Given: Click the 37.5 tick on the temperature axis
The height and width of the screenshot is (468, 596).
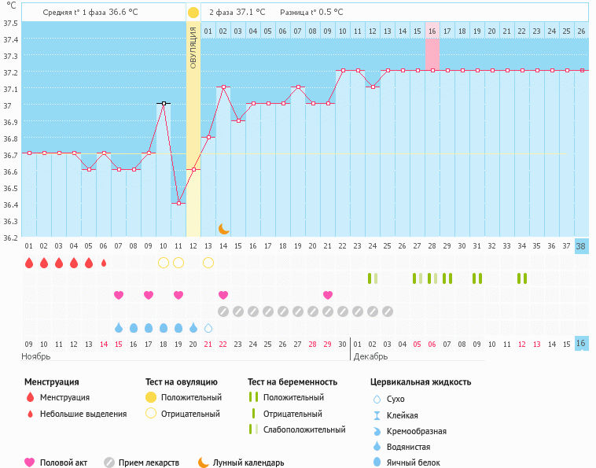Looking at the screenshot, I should click(x=10, y=22).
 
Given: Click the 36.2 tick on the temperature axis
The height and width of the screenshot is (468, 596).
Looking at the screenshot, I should click(x=10, y=238).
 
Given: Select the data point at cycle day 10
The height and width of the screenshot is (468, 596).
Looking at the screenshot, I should click(x=164, y=103).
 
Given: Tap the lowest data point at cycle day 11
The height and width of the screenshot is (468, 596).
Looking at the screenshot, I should click(x=178, y=203).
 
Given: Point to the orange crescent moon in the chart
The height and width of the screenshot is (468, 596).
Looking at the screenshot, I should click(x=223, y=229).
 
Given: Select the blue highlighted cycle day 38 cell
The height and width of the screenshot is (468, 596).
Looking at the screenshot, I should click(x=581, y=246).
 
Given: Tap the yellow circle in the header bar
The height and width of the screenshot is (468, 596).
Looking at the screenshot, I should click(x=193, y=13).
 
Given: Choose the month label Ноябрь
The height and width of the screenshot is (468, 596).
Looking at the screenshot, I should click(x=36, y=356).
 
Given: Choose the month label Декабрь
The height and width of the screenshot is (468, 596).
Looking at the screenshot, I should click(x=370, y=356).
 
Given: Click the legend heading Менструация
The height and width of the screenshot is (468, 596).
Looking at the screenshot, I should click(x=51, y=381).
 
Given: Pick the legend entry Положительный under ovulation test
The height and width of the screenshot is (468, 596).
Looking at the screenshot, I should click(x=191, y=397).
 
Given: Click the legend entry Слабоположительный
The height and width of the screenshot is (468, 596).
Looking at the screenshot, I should click(x=304, y=429).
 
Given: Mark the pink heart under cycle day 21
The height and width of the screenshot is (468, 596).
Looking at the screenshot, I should click(x=328, y=295).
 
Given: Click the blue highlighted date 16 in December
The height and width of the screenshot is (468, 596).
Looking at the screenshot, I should click(x=581, y=344).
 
